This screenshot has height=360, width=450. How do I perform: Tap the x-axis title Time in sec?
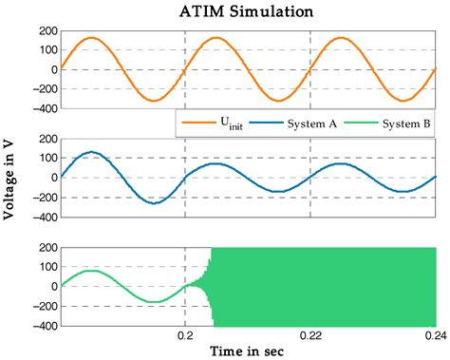[248, 351]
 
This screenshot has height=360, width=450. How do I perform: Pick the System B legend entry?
[391, 123]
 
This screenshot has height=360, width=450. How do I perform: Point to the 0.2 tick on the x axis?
[185, 334]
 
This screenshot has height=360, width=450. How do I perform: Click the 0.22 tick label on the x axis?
[310, 334]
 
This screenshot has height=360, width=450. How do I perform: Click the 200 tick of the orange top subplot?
[44, 31]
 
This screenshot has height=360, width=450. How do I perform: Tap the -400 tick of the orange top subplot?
[41, 108]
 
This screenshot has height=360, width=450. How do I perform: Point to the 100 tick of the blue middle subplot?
[44, 158]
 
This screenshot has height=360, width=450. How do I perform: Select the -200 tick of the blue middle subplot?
[41, 197]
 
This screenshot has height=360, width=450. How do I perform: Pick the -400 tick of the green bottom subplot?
[41, 326]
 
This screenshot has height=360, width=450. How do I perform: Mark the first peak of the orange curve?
[91, 39]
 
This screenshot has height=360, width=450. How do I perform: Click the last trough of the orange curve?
[403, 100]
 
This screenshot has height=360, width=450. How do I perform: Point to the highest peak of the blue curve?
[91, 152]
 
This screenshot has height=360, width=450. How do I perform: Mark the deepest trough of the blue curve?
[154, 202]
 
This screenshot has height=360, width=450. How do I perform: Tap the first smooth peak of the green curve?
[91, 272]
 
